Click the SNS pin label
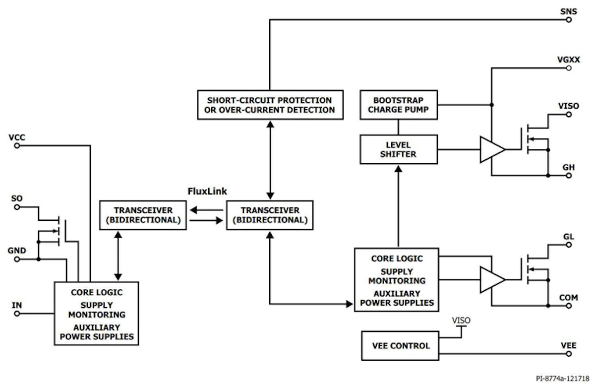[568, 10]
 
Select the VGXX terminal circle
[569, 68]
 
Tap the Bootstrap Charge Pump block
[399, 105]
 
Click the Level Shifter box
[399, 149]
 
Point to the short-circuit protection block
[270, 105]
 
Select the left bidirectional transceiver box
[143, 215]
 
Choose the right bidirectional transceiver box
[270, 215]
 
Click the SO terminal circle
[17, 207]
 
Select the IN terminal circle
[17, 314]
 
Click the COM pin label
[568, 297]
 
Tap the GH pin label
[568, 167]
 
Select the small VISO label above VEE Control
[461, 321]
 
